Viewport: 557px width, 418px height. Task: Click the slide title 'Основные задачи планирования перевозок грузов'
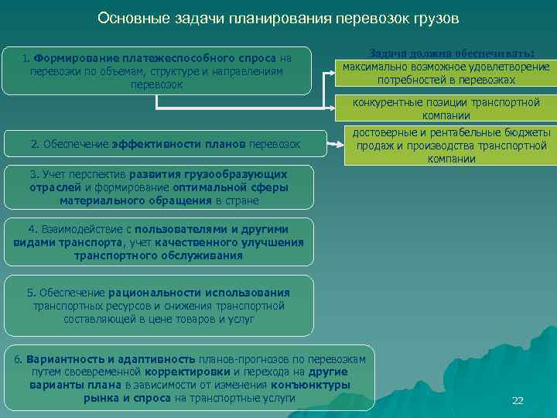click(278, 17)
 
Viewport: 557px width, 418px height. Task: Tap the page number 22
click(518, 400)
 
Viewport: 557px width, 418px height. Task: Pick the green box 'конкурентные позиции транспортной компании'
click(446, 109)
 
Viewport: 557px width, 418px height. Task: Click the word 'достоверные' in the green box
click(385, 132)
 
